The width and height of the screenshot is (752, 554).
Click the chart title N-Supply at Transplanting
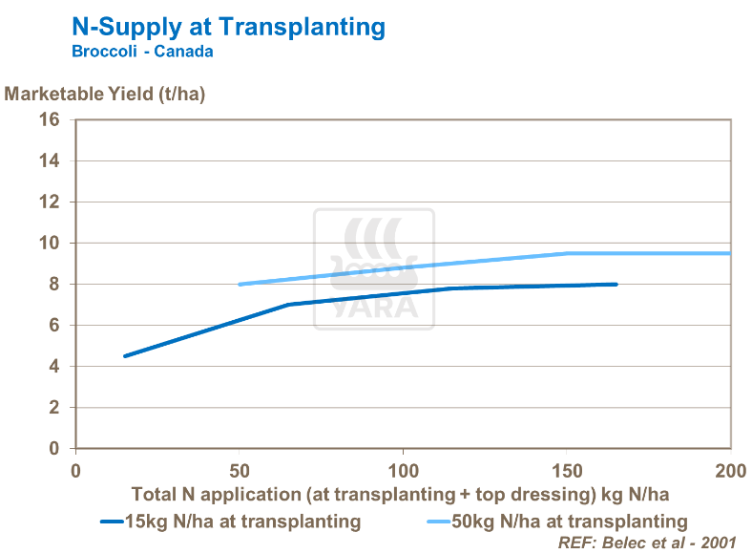pyautogui.click(x=229, y=27)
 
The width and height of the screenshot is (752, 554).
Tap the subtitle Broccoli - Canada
pyautogui.click(x=142, y=52)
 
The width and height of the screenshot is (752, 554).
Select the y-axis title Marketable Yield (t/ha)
pyautogui.click(x=105, y=94)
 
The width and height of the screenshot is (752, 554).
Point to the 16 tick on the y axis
pyautogui.click(x=49, y=120)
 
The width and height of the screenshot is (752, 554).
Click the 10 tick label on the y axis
pyautogui.click(x=49, y=244)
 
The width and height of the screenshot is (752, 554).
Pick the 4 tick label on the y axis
pyautogui.click(x=53, y=367)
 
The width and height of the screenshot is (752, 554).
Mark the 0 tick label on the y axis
pyautogui.click(x=53, y=449)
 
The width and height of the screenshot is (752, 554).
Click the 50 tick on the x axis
pyautogui.click(x=240, y=471)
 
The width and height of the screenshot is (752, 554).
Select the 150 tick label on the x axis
pyautogui.click(x=567, y=471)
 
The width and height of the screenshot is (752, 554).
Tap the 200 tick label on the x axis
pyautogui.click(x=730, y=471)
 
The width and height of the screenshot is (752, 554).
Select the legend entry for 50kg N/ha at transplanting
pyautogui.click(x=557, y=522)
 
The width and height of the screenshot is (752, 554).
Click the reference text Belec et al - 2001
pyautogui.click(x=647, y=542)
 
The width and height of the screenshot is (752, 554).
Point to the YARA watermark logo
pyautogui.click(x=374, y=269)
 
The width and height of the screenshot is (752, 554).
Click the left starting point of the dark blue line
pyautogui.click(x=125, y=356)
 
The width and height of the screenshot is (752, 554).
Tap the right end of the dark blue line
pyautogui.click(x=616, y=285)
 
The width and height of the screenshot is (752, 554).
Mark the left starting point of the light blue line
pyautogui.click(x=240, y=285)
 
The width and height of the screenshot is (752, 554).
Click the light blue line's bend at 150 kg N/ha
pyautogui.click(x=567, y=253)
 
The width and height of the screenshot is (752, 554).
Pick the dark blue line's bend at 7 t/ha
pyautogui.click(x=288, y=305)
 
